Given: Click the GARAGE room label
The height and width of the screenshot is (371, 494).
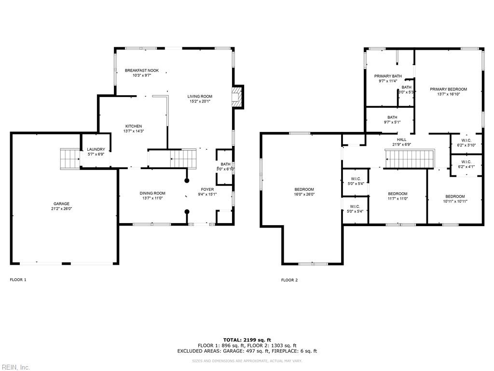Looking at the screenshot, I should tap(61, 204).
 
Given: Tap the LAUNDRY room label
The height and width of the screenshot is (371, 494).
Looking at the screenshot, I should tap(96, 149).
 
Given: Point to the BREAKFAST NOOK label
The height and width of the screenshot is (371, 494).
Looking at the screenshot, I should tap(141, 71).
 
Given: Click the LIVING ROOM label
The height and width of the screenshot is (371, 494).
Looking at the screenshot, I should tap(200, 97).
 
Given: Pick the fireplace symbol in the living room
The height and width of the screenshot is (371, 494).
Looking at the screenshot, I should tap(236, 97).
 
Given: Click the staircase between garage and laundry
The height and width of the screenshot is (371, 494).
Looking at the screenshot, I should tap(69, 158).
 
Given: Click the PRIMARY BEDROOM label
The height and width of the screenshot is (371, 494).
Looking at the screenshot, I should tap(448, 89).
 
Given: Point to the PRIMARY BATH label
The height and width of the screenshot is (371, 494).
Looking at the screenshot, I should tap(388, 76).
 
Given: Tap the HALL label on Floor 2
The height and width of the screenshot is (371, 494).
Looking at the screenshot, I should tap(401, 140).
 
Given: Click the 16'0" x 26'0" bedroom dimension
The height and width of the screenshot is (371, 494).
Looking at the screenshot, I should tap(304, 194).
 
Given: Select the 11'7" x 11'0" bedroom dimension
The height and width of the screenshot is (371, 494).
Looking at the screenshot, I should tap(398, 199).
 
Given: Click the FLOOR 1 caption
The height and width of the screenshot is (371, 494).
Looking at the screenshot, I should tap(18, 280).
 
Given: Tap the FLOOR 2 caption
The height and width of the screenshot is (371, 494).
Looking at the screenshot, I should tap(289, 280).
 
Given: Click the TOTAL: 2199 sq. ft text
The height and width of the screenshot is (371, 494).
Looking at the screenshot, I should tap(247, 340).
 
